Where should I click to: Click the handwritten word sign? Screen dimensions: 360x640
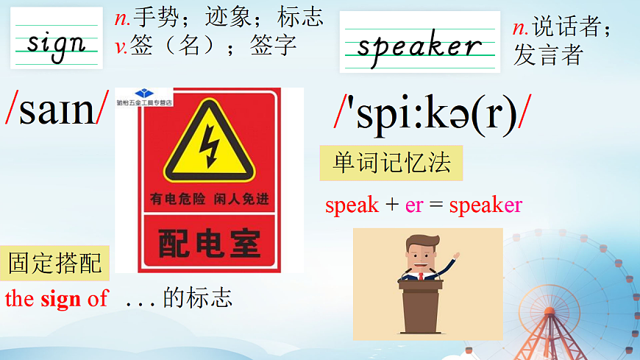pos(56,43)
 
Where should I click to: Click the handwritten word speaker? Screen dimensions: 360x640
pos(419,46)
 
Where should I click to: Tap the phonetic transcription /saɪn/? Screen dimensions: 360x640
pos(57,108)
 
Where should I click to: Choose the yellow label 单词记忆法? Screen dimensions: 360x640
pos(391,163)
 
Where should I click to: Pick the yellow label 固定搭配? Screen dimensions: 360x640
pos(55,263)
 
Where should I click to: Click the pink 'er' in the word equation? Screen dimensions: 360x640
pos(414,205)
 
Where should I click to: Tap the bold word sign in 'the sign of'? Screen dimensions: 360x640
pos(61,299)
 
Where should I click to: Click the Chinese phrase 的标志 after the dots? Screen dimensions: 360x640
pos(198,298)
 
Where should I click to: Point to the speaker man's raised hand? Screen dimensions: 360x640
pos(456,257)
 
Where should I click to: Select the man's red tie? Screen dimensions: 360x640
pos(422,276)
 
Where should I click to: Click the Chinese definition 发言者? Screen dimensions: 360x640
pos(547,54)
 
